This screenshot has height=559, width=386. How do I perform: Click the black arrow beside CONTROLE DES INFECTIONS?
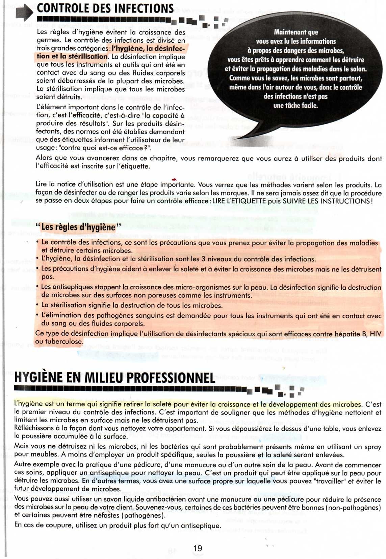coord(24,13)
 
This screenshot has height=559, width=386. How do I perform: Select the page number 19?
coord(198,548)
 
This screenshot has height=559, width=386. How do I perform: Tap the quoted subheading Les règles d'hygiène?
coord(78,227)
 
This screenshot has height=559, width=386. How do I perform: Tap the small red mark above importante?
coord(174,179)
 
